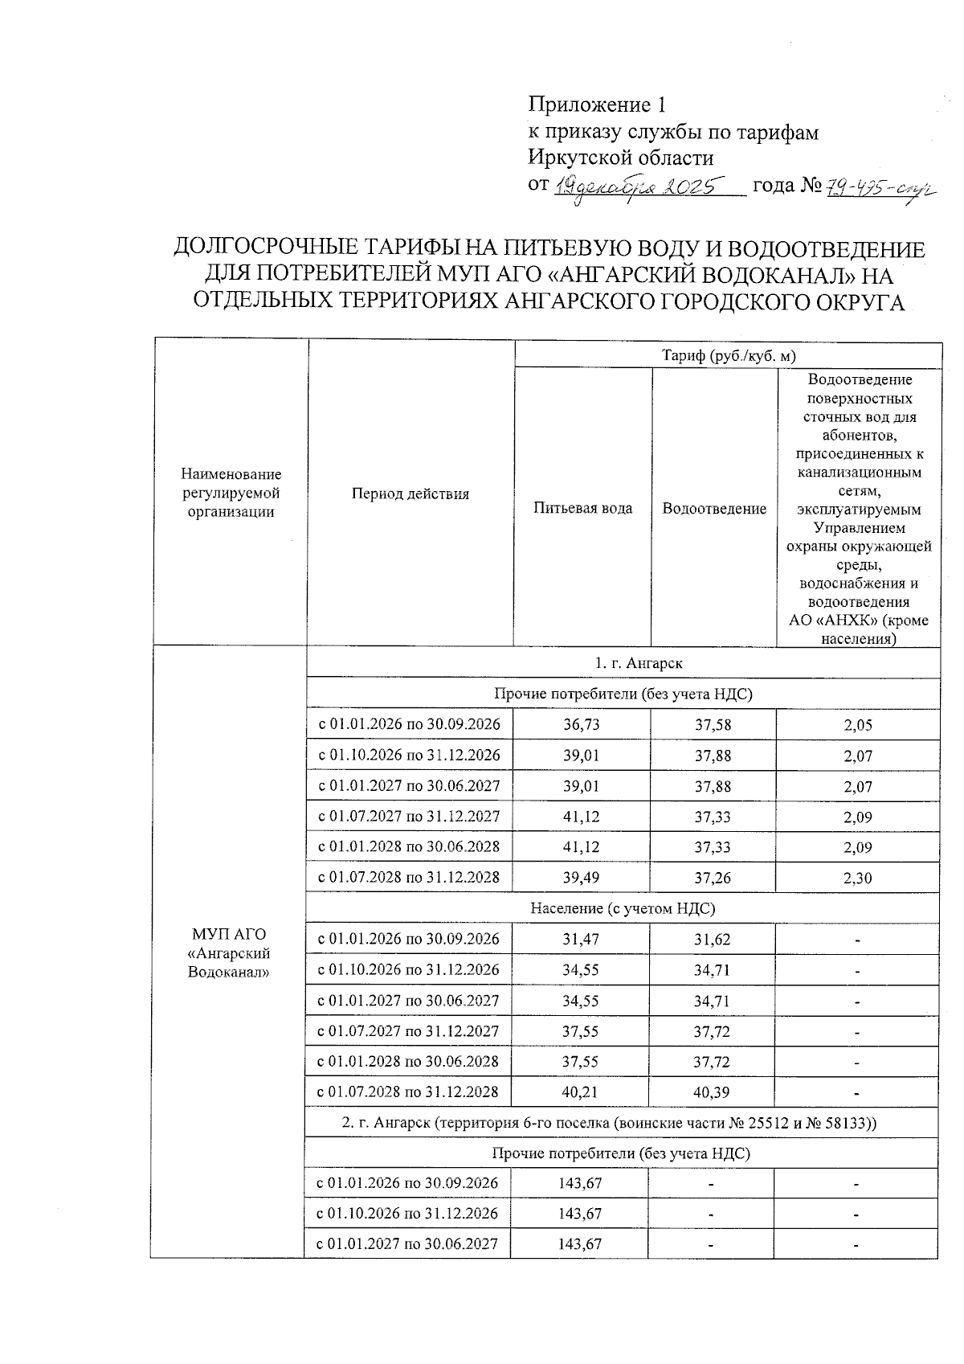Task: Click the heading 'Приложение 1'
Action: click(597, 104)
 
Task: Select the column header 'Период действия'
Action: click(410, 494)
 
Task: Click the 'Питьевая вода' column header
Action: click(582, 508)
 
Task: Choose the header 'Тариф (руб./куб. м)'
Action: click(728, 355)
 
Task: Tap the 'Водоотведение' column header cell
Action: click(713, 509)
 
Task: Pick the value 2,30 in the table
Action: click(857, 879)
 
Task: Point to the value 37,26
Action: click(713, 878)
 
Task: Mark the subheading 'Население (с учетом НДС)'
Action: click(622, 908)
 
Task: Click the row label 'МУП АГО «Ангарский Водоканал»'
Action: click(228, 952)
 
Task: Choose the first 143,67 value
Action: click(580, 1183)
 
